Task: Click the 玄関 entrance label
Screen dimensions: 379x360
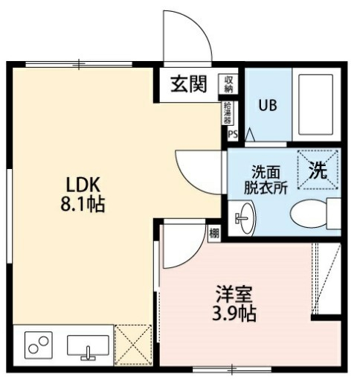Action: pyautogui.click(x=188, y=84)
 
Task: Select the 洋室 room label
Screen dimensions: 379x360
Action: pyautogui.click(x=233, y=293)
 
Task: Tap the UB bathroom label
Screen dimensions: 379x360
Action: pyautogui.click(x=268, y=105)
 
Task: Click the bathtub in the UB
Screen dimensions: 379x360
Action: pyautogui.click(x=316, y=104)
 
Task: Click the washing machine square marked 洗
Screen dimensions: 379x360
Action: pyautogui.click(x=317, y=170)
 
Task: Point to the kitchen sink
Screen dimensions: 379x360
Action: pyautogui.click(x=88, y=346)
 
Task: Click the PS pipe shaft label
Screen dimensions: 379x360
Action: pyautogui.click(x=232, y=135)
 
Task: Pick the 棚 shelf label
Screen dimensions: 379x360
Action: pyautogui.click(x=214, y=233)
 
